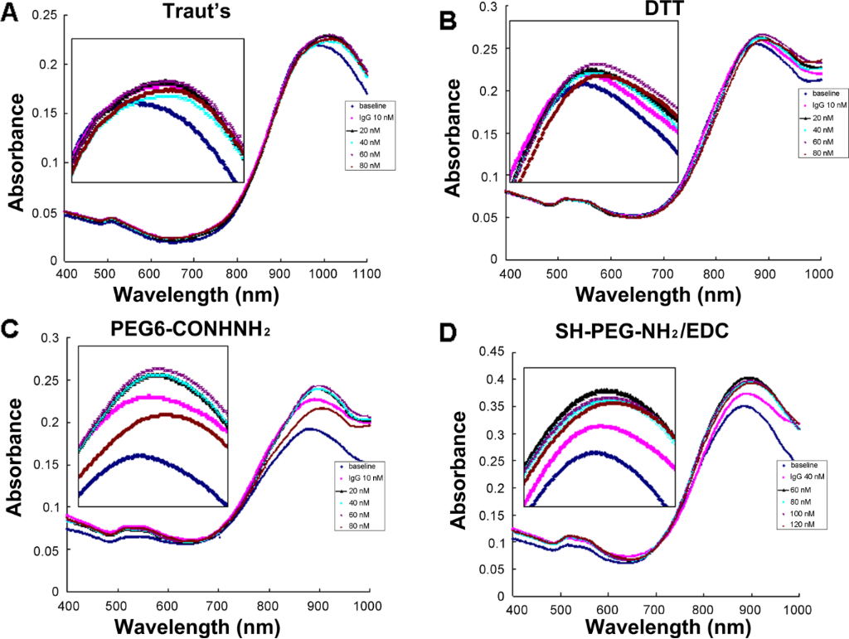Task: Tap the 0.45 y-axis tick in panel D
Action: pyautogui.click(x=489, y=353)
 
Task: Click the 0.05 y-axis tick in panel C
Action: pyautogui.click(x=49, y=549)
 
